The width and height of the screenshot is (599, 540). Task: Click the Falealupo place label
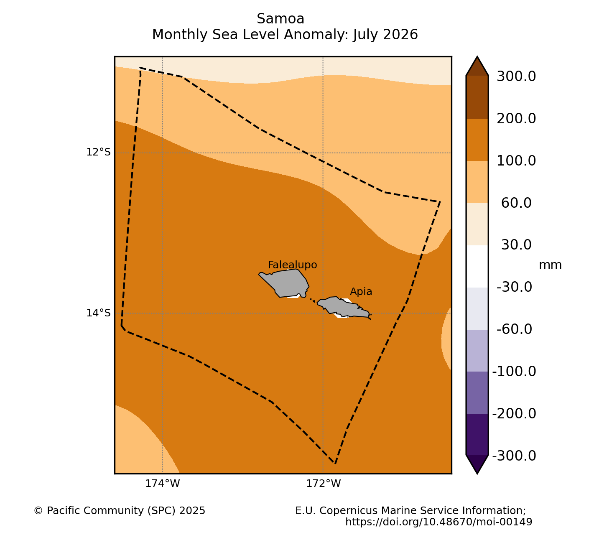[292, 265]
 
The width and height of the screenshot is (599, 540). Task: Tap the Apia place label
[361, 291]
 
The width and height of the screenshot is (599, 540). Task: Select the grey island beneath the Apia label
[344, 307]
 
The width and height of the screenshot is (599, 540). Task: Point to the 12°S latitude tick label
[98, 152]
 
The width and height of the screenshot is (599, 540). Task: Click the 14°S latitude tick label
[98, 313]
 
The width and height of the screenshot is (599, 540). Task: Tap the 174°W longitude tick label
[163, 484]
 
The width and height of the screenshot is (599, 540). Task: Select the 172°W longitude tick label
[324, 484]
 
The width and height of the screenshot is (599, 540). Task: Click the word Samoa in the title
[280, 19]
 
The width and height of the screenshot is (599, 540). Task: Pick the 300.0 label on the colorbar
[516, 76]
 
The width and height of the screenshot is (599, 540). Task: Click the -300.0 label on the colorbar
[514, 456]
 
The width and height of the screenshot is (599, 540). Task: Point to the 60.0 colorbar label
[516, 203]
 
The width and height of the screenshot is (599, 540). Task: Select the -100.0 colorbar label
[514, 372]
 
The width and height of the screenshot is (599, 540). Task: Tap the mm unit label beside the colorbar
[551, 265]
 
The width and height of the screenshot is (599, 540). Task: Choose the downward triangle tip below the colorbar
[477, 474]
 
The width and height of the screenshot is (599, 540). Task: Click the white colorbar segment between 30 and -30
[477, 266]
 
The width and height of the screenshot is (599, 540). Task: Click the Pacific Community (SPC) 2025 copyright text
[120, 511]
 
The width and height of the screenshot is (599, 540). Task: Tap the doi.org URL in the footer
[438, 522]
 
